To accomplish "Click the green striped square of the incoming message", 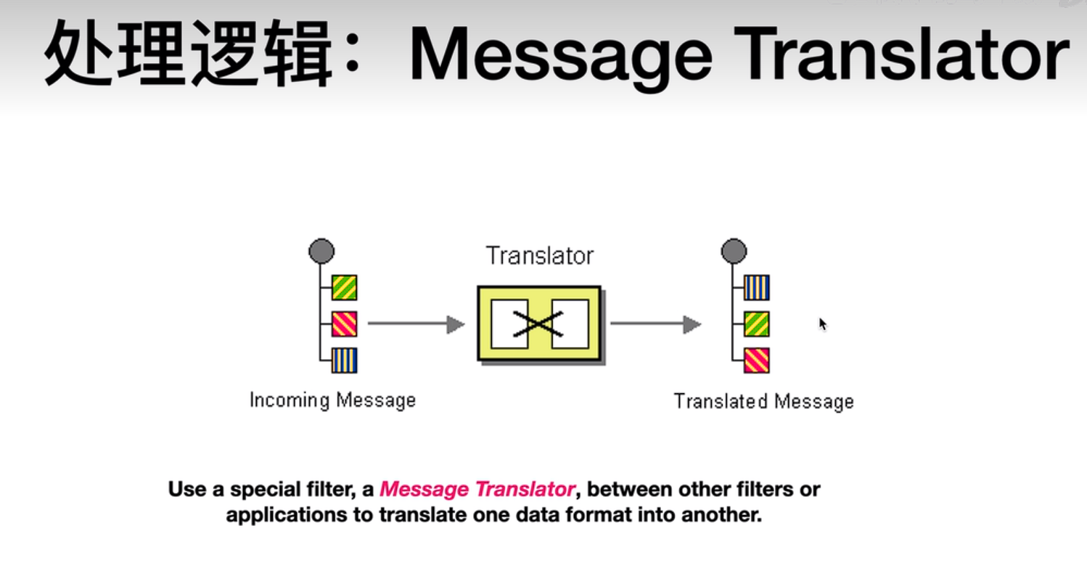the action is pos(345,287).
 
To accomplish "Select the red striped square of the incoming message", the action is pos(345,324).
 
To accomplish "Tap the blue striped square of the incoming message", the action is pos(345,360).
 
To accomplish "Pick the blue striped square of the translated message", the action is pos(757,287).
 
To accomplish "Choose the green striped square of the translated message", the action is pos(757,324).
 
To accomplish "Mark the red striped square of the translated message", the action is pos(757,360).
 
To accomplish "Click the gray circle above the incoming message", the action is pos(321,251).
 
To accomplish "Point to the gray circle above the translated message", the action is pos(734,251).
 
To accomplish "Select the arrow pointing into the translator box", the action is pos(417,324).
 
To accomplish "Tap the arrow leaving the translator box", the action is pos(655,324).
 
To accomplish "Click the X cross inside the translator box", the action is pos(538,324).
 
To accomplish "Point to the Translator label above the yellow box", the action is pos(540,255).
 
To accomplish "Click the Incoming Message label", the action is pos(333,400).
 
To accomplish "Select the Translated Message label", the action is pos(764,402).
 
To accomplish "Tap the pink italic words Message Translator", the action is pos(477,489).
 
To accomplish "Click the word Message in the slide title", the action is pos(561,54).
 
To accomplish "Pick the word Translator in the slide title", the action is pos(902,54).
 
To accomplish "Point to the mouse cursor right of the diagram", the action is pos(823,324).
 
